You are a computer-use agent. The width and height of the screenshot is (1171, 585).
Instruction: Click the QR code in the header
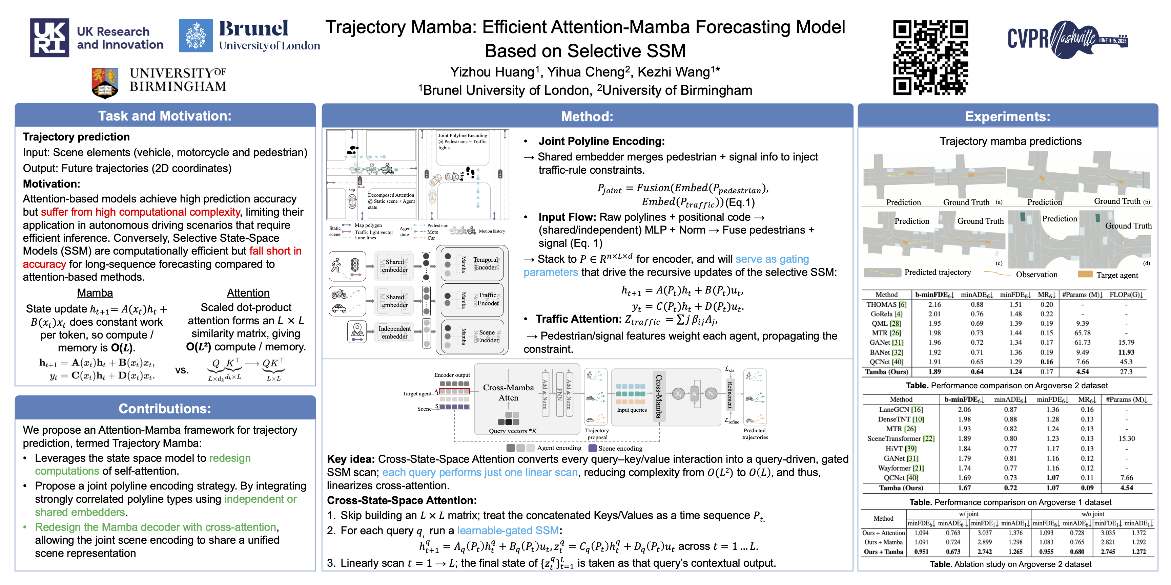(930, 57)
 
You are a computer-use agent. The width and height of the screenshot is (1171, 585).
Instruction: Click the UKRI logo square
(49, 38)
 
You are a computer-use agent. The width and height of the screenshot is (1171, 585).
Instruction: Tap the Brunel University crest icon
(196, 36)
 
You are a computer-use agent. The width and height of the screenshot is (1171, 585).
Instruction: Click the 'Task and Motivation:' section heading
(165, 116)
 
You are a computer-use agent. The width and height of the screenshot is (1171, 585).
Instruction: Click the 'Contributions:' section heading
(165, 408)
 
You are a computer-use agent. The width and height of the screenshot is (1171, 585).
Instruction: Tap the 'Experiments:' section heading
(1007, 117)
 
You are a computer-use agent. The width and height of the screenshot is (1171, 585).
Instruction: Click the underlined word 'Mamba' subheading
(95, 293)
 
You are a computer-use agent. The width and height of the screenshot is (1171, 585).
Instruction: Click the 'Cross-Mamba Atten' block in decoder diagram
(508, 392)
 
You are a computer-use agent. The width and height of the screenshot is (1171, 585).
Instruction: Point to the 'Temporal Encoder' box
(485, 263)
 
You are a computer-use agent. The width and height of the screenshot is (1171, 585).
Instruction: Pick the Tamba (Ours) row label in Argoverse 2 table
(886, 371)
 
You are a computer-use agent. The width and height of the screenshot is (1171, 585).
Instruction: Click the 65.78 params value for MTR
(1082, 333)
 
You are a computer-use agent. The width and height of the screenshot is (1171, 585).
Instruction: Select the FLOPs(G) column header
(1126, 294)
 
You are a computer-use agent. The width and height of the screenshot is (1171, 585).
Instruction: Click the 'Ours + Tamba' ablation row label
(883, 552)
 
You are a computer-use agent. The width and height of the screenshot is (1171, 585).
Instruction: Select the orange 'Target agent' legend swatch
(1085, 274)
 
